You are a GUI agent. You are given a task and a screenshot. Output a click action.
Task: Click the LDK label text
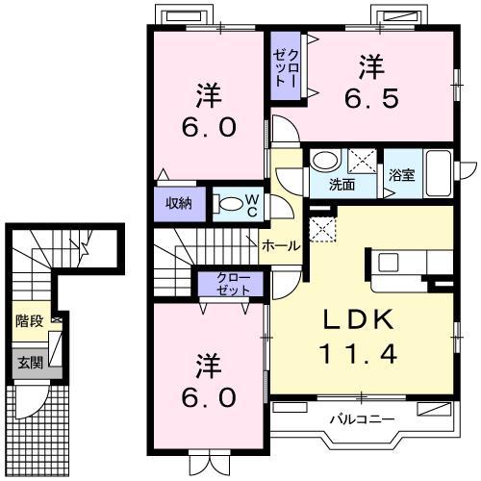click(359, 319)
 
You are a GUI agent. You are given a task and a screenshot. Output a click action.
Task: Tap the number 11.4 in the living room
click(359, 353)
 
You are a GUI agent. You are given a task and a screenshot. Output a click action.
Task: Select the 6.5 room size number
click(372, 98)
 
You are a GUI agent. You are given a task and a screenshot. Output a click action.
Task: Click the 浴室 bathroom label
click(402, 175)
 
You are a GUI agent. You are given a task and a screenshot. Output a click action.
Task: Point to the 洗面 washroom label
click(342, 185)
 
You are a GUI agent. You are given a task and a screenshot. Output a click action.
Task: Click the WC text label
click(252, 206)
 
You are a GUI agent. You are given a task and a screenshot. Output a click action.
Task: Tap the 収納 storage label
click(179, 203)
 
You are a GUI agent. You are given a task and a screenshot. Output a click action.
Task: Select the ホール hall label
click(281, 246)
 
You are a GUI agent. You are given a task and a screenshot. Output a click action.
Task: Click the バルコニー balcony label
click(363, 418)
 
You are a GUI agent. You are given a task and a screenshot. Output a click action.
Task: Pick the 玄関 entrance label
click(30, 363)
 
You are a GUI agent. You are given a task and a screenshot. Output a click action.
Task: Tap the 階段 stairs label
click(30, 321)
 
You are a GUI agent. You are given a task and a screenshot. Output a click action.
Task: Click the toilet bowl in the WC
click(229, 204)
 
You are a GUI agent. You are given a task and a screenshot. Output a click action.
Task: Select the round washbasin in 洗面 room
click(325, 160)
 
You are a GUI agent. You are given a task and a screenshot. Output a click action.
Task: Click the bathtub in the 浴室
click(438, 173)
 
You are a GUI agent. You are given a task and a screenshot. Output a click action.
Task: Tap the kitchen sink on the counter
click(389, 263)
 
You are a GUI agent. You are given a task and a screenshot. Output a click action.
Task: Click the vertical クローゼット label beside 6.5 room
click(286, 68)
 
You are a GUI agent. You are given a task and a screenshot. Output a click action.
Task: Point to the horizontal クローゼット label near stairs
click(233, 284)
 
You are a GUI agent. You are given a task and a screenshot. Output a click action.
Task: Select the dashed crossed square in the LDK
click(322, 229)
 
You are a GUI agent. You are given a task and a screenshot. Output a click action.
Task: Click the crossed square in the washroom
click(363, 161)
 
